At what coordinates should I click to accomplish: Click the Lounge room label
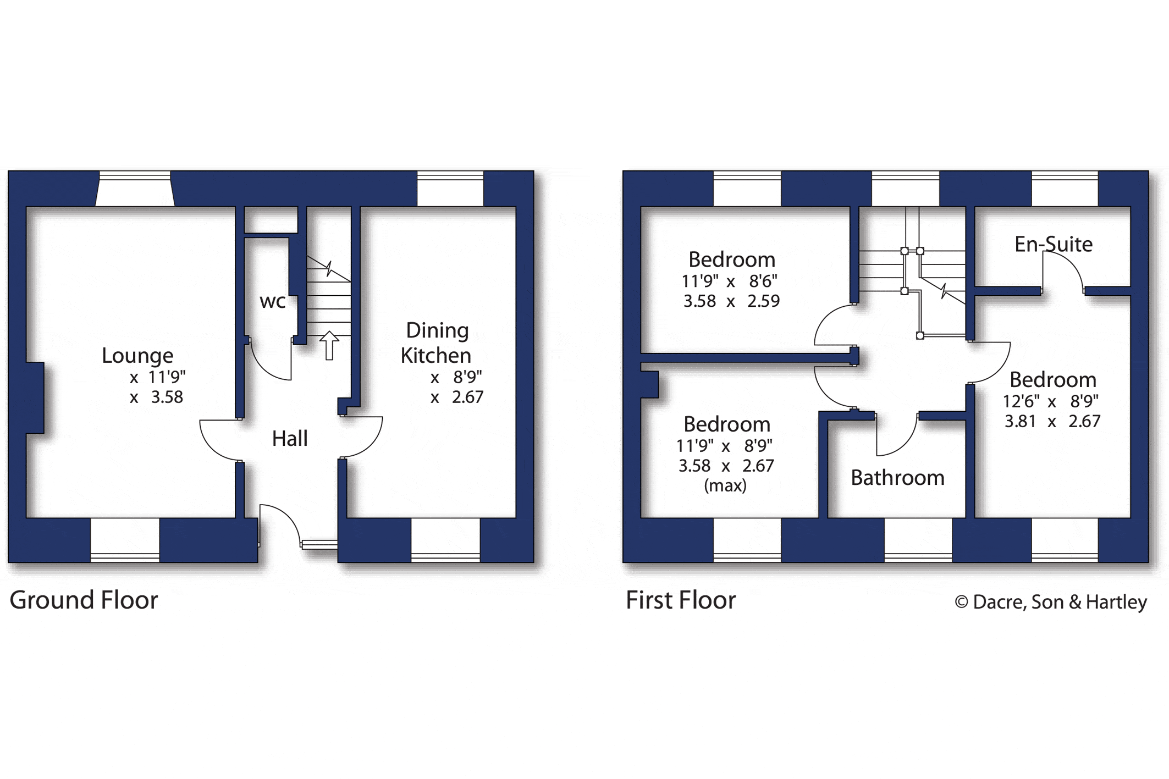(137, 356)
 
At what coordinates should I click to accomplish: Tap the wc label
(273, 301)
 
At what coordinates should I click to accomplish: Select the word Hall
(290, 439)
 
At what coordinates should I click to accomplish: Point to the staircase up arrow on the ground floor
(329, 345)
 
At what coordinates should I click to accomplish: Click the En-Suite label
(1054, 244)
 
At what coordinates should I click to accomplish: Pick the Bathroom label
(897, 478)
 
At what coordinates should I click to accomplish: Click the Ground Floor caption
(84, 600)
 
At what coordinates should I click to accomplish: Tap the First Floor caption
(681, 600)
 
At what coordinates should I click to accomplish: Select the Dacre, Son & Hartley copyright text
(1051, 602)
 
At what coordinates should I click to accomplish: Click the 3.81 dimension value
(1020, 421)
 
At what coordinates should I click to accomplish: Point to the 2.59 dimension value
(763, 301)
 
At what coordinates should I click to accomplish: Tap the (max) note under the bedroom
(725, 485)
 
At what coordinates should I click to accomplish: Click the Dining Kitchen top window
(450, 189)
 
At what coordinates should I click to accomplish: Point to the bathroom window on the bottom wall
(918, 539)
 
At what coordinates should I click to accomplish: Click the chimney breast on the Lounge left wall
(35, 398)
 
